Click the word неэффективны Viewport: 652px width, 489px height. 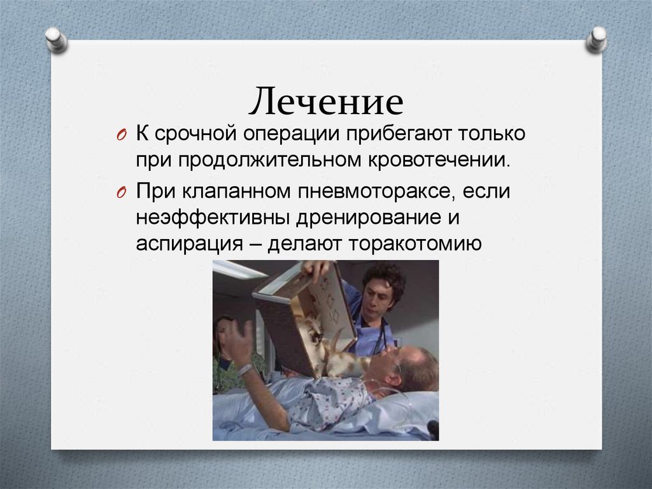coord(211,217)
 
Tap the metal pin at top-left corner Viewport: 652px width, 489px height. coord(56,39)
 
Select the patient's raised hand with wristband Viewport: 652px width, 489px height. coord(237,341)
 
